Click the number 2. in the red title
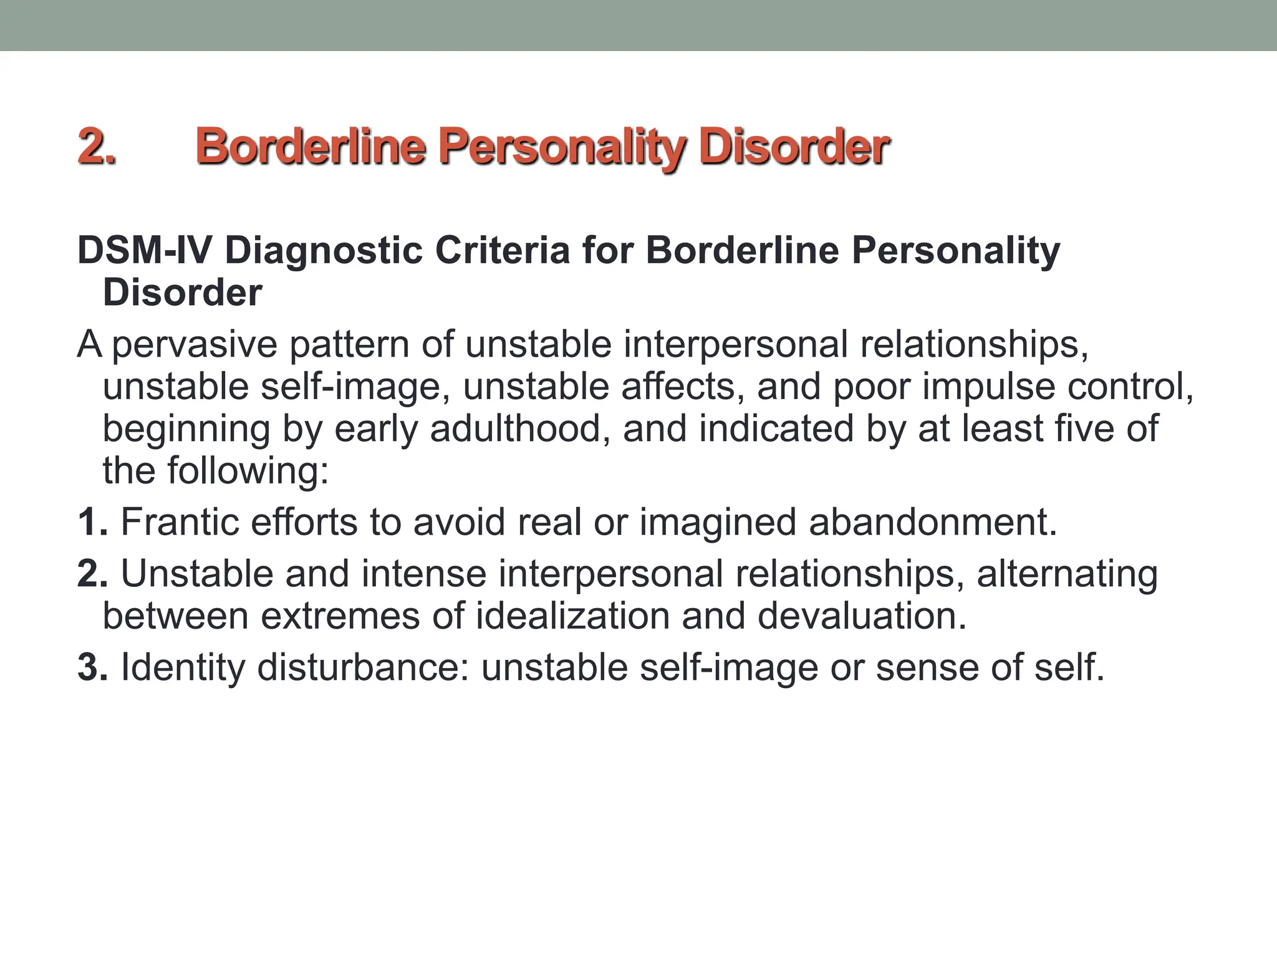(x=97, y=147)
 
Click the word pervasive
(x=194, y=345)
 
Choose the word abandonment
(x=933, y=522)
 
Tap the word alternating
(x=1067, y=574)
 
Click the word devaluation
(x=862, y=616)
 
